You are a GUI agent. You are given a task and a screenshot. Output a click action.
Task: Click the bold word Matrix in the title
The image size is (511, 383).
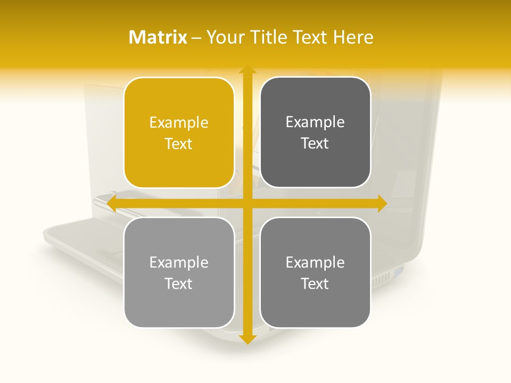coord(158,37)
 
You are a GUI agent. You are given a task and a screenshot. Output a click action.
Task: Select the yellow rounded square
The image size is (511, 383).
coord(179,132)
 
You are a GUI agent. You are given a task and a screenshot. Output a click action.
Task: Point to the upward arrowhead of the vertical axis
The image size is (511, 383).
coord(247,70)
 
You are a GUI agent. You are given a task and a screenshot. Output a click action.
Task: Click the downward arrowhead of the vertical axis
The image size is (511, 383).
coord(247,339)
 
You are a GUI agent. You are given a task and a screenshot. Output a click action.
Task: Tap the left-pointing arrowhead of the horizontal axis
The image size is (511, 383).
coord(112,203)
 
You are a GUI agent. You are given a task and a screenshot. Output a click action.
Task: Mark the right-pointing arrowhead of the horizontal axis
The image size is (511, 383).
coord(382,203)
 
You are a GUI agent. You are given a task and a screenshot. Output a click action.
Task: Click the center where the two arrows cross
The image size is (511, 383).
coord(247,203)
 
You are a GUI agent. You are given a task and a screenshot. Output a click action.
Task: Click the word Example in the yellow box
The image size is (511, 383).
coord(179,123)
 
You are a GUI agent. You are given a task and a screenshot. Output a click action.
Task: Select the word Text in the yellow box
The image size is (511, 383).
coord(179,144)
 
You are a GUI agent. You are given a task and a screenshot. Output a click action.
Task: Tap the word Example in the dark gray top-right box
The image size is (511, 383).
coord(315,122)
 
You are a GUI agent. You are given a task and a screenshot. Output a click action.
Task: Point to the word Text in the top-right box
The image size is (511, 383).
coord(315,144)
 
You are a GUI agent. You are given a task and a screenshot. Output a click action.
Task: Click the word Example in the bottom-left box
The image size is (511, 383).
coord(179,263)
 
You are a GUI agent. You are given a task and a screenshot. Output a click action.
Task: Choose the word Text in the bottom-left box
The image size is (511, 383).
coord(179,284)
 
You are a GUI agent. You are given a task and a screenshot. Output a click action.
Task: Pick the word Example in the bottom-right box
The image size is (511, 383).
coord(315,263)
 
